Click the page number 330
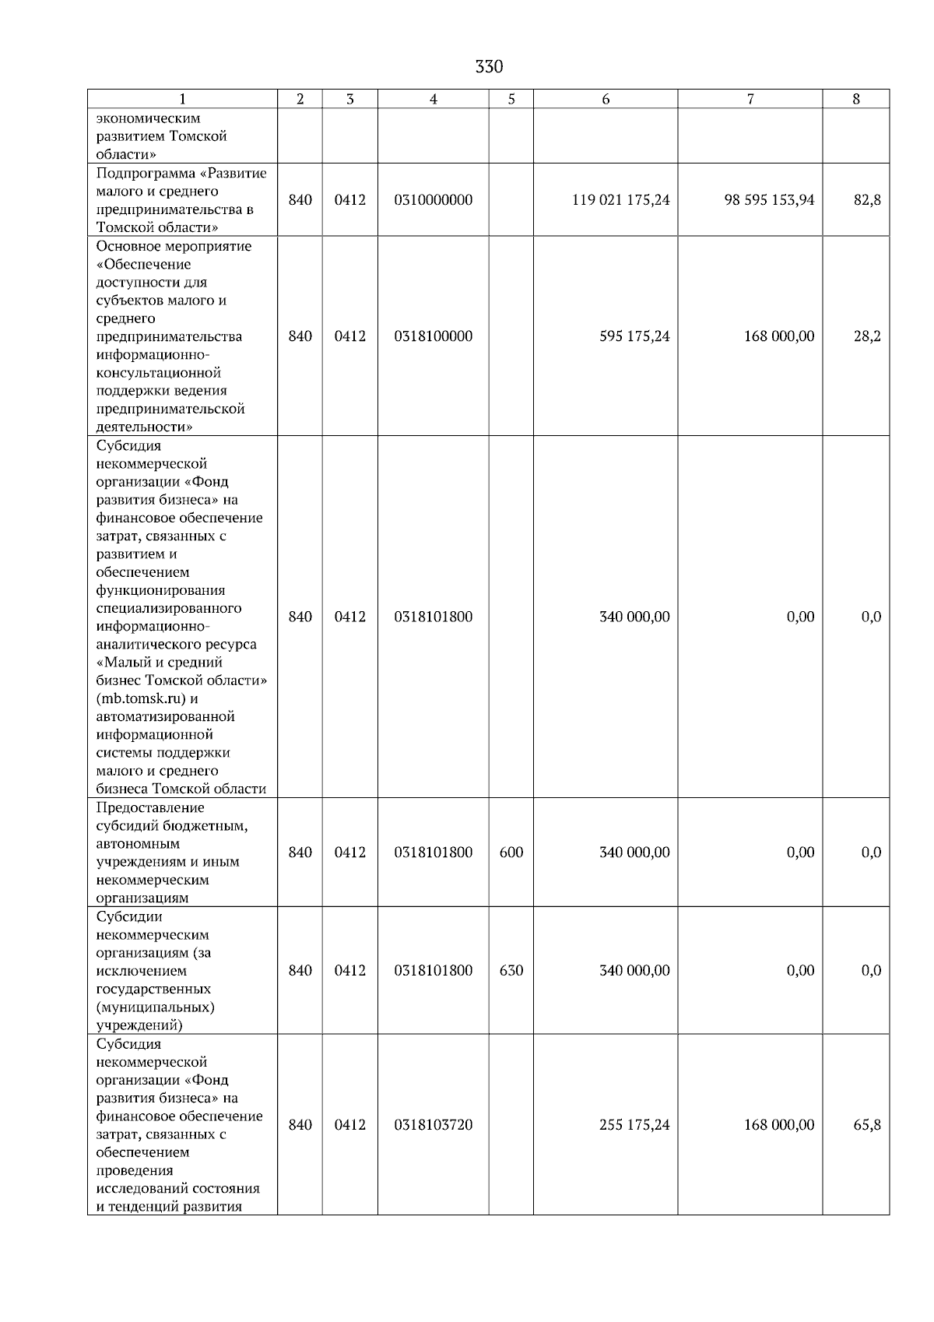coord(489,67)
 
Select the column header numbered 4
coord(434,99)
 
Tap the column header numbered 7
coord(750,99)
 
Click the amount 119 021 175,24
coord(620,200)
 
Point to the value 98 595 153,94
coord(769,200)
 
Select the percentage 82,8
coord(867,200)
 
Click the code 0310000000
coord(434,200)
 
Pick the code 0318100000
coord(434,336)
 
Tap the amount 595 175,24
coord(634,336)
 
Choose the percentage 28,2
coord(867,336)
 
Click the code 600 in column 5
coord(511,853)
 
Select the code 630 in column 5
coord(511,971)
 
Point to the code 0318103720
coord(434,1125)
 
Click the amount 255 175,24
coord(634,1125)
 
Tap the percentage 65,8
coord(867,1125)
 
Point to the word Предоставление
coord(150,807)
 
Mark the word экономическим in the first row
coord(148,118)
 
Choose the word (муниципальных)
coord(156,1007)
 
